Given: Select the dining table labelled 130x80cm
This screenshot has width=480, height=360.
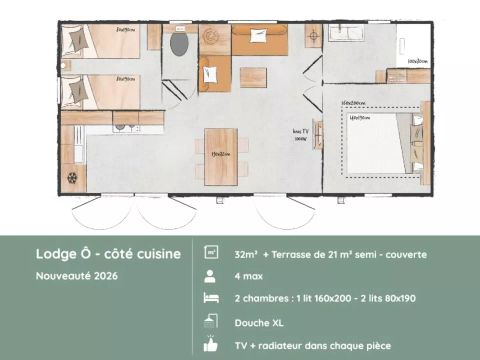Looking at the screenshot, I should [x=221, y=156].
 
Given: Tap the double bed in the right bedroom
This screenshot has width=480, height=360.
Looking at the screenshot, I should [x=376, y=141].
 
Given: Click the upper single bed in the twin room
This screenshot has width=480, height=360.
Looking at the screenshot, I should [x=100, y=43].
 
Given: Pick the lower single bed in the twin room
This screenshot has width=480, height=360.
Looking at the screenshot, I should [x=100, y=91].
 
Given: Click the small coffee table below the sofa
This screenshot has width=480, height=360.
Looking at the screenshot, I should [x=253, y=77].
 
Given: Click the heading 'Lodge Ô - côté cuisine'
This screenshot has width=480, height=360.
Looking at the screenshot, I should [x=108, y=254].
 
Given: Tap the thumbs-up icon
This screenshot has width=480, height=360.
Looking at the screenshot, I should [x=211, y=344].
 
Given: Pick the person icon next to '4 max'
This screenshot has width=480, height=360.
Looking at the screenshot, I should [x=211, y=276].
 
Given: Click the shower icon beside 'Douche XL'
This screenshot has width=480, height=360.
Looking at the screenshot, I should [x=211, y=321].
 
